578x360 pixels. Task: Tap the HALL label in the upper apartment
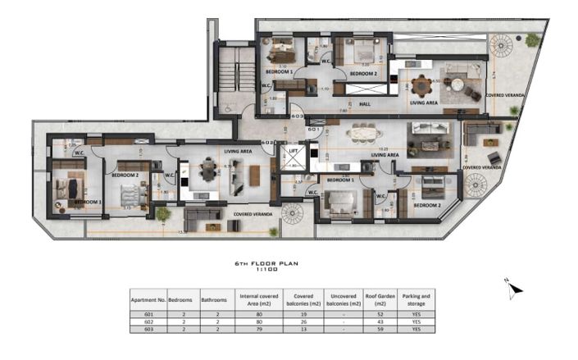point(365,104)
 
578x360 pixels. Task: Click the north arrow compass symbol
point(513,286)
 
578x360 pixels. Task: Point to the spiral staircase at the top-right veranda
point(501,47)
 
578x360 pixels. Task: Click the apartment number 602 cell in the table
point(148,321)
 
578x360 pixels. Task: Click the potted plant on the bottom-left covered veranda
point(163,214)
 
